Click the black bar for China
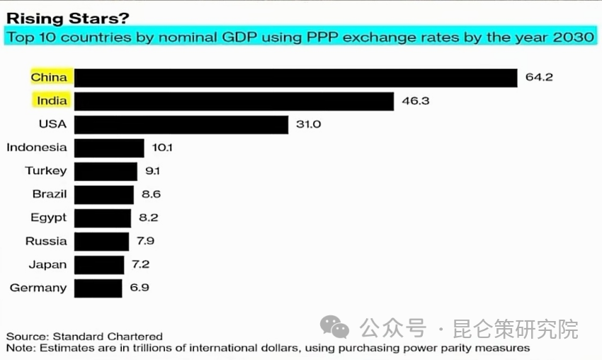295,77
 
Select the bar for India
234,101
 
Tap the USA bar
181,125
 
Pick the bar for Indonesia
109,148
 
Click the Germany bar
98,288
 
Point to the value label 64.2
539,77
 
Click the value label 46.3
415,101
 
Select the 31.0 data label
309,125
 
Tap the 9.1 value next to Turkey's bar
153,171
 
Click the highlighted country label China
49,77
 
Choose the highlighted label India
52,101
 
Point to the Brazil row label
50,194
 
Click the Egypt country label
49,218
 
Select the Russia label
46,241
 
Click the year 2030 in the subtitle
572,36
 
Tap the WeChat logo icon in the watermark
334,327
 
